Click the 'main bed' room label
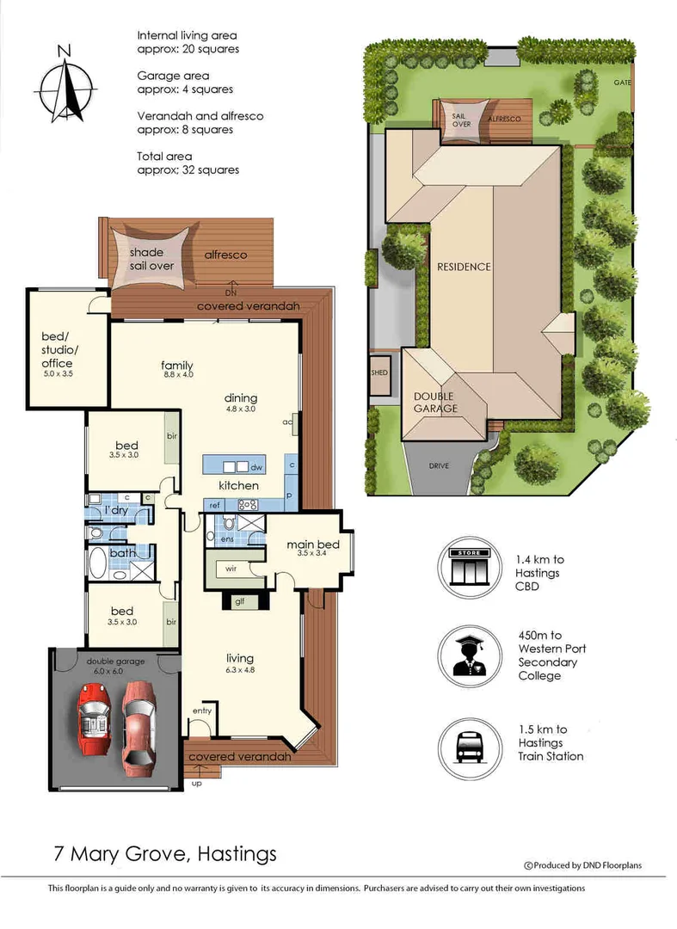click(313, 544)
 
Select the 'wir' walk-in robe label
click(231, 569)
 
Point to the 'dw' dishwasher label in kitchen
click(255, 468)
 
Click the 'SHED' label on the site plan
click(379, 372)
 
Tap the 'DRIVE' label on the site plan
click(440, 467)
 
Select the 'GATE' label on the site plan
click(622, 83)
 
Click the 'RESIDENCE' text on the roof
click(462, 267)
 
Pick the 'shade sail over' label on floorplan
click(151, 259)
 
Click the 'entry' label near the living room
click(202, 711)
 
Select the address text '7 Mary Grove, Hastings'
click(163, 853)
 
